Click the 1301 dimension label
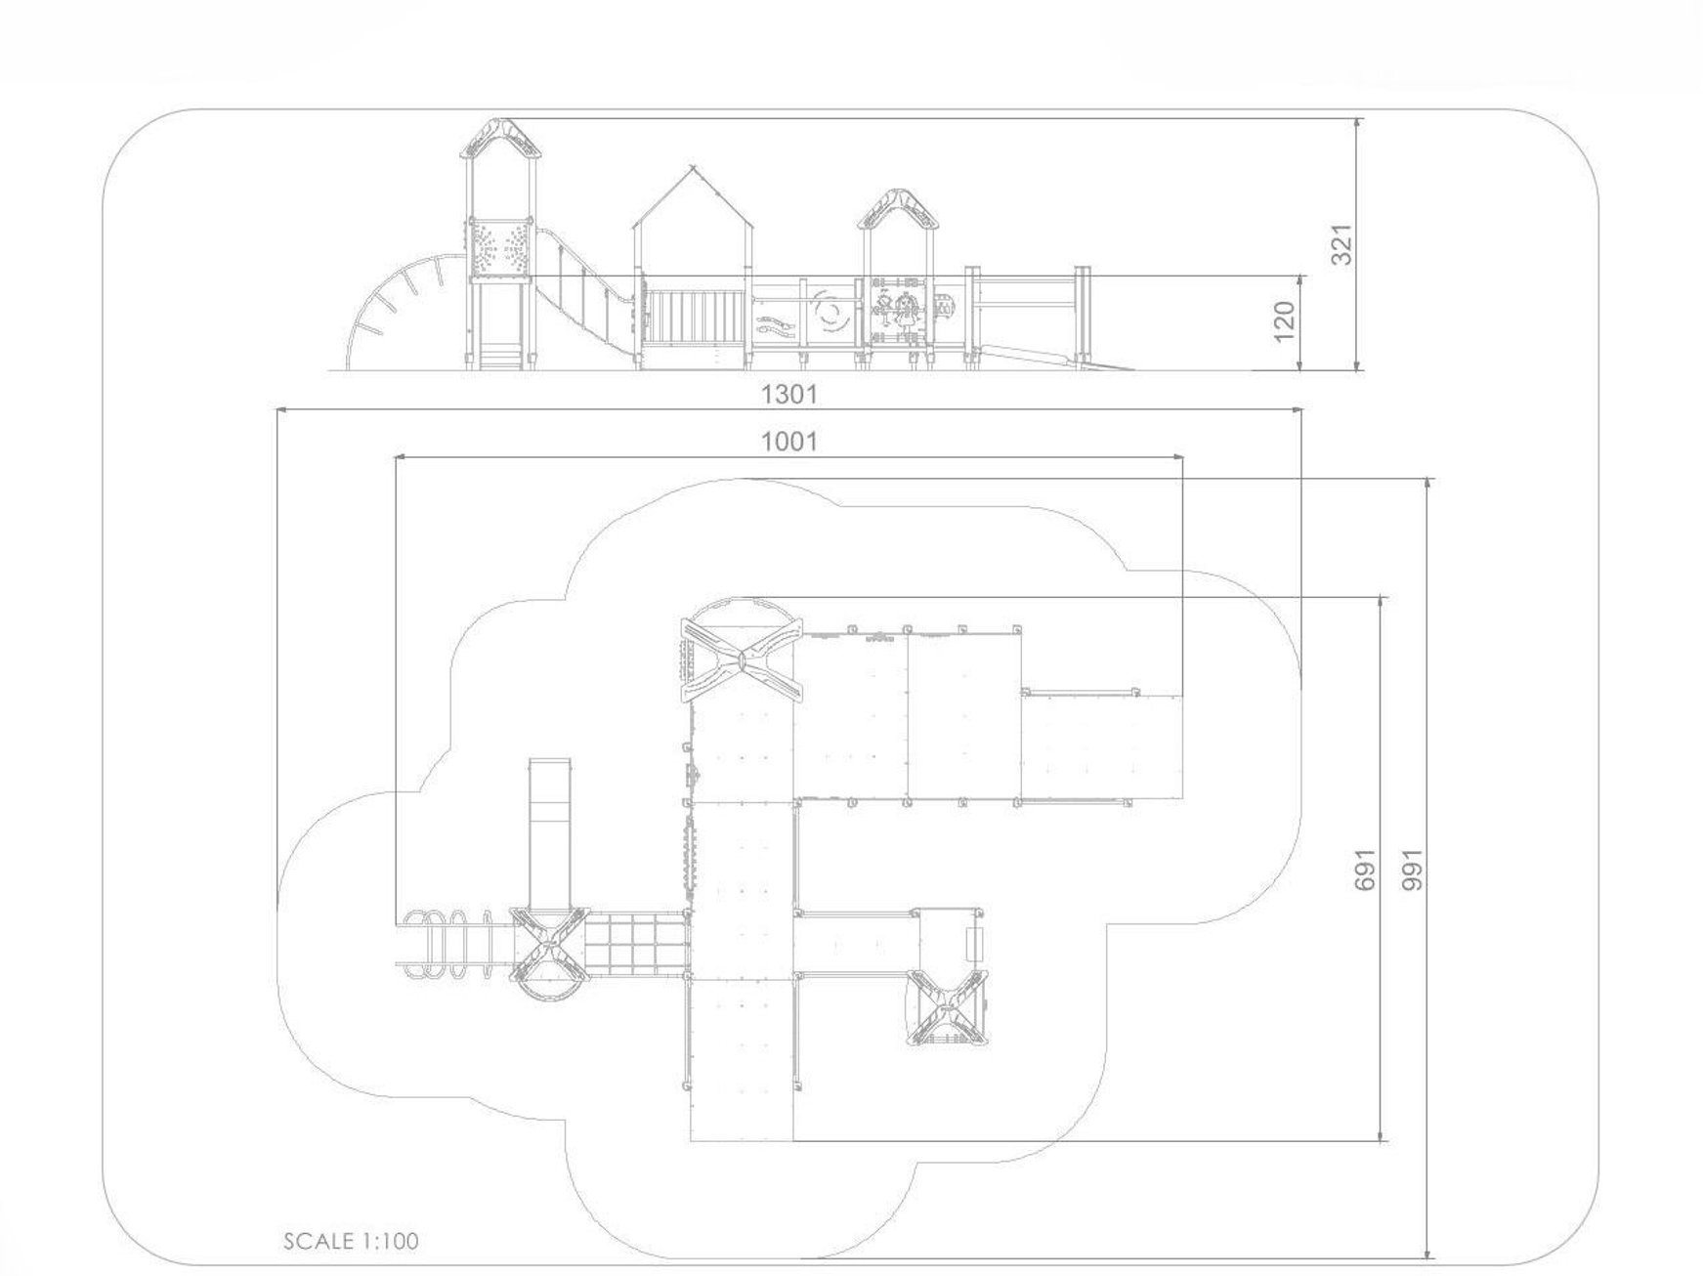tap(788, 395)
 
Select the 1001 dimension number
tap(788, 442)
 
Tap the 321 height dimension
tap(1342, 244)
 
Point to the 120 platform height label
tap(1285, 321)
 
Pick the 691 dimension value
tap(1365, 870)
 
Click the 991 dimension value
tap(1413, 870)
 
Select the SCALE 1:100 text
tap(351, 1241)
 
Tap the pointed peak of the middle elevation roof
tap(693, 167)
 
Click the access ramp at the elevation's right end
tap(1055, 358)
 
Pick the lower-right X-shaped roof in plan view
tap(946, 1006)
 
